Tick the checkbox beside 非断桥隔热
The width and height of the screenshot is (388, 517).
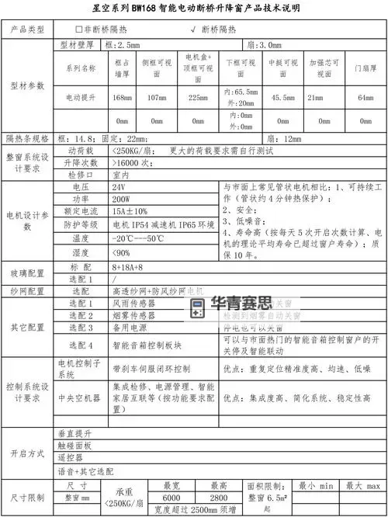(x=78, y=29)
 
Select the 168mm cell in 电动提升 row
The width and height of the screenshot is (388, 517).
(x=121, y=98)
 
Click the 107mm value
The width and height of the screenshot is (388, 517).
(x=157, y=98)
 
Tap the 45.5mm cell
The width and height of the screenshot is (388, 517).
(x=278, y=98)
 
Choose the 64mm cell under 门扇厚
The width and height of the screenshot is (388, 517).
(x=365, y=98)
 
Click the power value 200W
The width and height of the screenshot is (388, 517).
(x=120, y=200)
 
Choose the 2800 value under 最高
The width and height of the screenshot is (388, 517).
(x=218, y=497)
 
